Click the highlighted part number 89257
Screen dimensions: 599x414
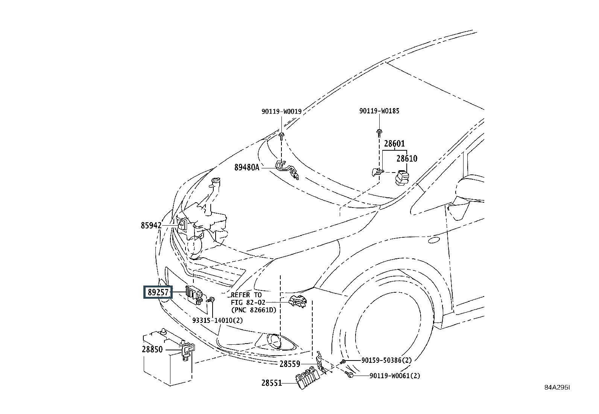click(x=158, y=292)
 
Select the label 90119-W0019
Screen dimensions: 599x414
click(x=281, y=112)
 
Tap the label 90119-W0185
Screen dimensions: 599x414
click(x=379, y=111)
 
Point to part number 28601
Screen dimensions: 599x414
click(x=394, y=144)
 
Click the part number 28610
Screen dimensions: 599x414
click(x=407, y=159)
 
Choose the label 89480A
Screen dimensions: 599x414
click(x=247, y=168)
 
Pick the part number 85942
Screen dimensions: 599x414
click(x=151, y=226)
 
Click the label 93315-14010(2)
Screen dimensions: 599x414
click(x=217, y=320)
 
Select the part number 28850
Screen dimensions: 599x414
click(x=152, y=350)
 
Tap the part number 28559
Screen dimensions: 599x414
click(x=290, y=364)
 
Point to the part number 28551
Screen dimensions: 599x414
click(x=272, y=383)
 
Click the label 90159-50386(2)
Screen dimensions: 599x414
click(x=386, y=361)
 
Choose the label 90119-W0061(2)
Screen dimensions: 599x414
click(x=395, y=376)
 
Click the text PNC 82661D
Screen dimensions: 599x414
click(x=254, y=310)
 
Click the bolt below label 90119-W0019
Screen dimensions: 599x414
click(x=281, y=136)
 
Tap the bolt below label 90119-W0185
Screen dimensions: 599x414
click(x=379, y=133)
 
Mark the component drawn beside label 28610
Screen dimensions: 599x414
click(x=402, y=177)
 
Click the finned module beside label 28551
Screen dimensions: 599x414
click(x=307, y=377)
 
